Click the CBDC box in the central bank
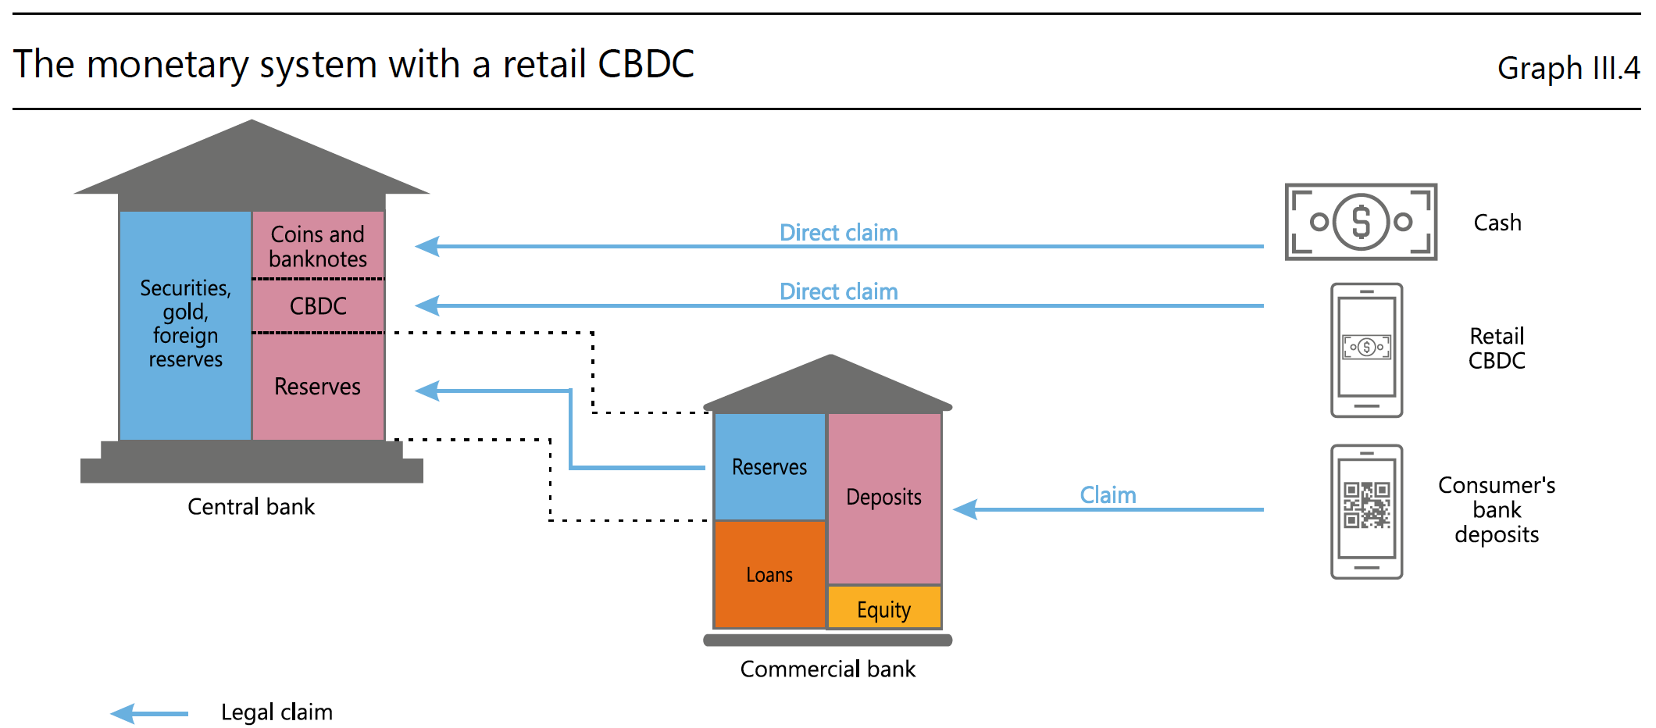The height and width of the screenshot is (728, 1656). point(318,305)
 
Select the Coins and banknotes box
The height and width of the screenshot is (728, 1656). point(318,244)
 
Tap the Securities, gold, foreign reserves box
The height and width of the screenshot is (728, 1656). point(186,325)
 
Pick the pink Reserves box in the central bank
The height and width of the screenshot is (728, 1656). point(318,387)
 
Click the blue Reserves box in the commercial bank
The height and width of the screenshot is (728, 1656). point(770,466)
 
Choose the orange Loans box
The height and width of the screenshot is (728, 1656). point(770,574)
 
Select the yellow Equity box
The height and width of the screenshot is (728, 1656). point(884,608)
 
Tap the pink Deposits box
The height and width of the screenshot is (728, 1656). point(884,498)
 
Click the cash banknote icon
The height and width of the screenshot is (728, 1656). point(1361,222)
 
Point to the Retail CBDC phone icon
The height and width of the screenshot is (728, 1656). point(1367,350)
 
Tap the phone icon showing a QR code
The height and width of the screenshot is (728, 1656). point(1367,512)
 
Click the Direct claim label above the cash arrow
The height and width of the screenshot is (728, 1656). point(839,233)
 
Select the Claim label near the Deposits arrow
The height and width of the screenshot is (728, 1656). point(1108,495)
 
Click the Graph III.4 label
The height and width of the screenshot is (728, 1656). point(1569,68)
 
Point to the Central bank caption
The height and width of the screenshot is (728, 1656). point(251,507)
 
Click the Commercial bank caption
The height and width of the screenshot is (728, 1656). point(828,669)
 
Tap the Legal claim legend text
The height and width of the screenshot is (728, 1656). point(277,712)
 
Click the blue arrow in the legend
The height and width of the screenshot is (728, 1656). point(149,713)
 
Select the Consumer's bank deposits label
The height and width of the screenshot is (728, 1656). point(1497,509)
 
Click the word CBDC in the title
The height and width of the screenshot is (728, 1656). point(646,64)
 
